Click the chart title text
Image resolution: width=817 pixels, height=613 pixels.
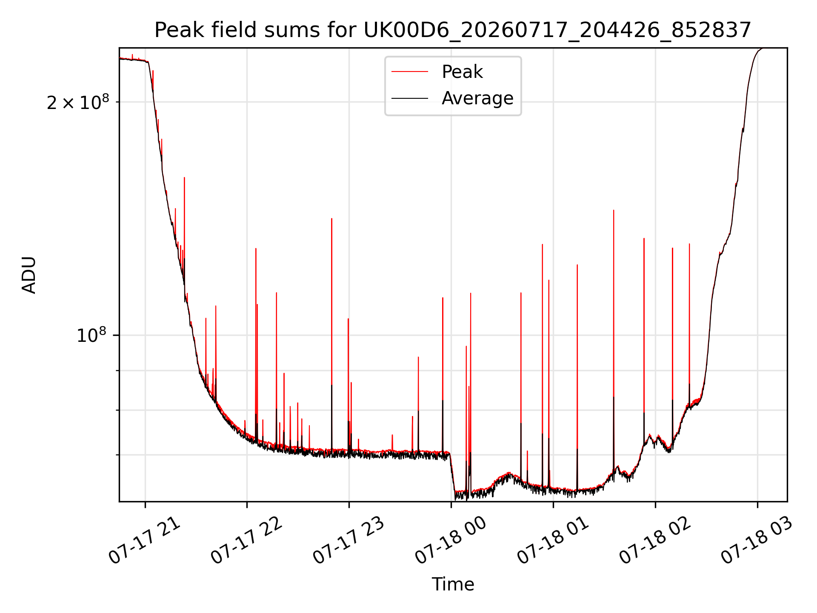coord(453,30)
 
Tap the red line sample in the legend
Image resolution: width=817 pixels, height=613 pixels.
coord(410,72)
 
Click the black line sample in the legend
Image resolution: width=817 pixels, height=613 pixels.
coord(410,98)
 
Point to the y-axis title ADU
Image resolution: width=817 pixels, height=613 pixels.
coord(29,275)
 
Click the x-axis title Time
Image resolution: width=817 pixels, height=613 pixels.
coord(453,584)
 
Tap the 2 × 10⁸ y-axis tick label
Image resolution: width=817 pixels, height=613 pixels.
coord(78,102)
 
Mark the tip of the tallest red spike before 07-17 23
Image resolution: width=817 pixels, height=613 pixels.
coord(184,178)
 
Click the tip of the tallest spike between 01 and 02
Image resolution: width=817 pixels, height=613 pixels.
coord(614,210)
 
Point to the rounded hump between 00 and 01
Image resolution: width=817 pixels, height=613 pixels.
coord(508,474)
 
